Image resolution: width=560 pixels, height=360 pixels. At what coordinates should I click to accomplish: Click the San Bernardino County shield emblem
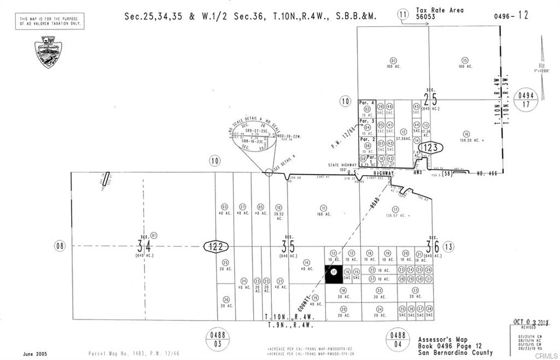48,52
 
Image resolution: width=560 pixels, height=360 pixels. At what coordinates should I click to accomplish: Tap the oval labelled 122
216,247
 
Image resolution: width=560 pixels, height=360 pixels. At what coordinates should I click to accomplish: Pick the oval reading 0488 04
398,339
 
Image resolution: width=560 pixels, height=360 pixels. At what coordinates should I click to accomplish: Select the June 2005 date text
35,353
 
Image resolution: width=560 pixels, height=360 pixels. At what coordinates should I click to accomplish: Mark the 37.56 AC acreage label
403,138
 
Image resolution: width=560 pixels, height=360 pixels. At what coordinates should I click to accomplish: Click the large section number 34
144,246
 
